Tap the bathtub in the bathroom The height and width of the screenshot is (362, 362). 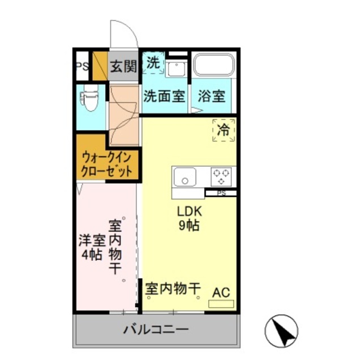tap(214, 67)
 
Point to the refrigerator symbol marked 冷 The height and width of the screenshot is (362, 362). tap(223, 130)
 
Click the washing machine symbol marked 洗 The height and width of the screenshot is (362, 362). tap(153, 62)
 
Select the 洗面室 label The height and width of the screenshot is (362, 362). tap(164, 96)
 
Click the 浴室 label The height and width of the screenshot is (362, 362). tap(211, 96)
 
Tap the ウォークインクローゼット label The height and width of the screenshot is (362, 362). tap(107, 163)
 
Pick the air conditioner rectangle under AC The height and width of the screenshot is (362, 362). tap(221, 304)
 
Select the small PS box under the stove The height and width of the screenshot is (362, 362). tap(221, 193)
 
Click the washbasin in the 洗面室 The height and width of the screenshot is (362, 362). tap(174, 69)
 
